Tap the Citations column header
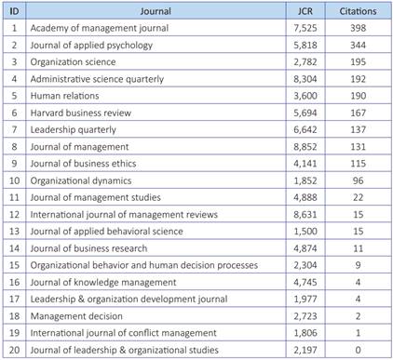pos(358,12)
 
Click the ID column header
pos(14,12)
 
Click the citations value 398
pos(358,29)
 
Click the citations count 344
pos(358,46)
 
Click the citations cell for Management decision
pos(358,315)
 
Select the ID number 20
pos(14,349)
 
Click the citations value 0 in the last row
pos(358,349)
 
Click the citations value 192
pos(358,79)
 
